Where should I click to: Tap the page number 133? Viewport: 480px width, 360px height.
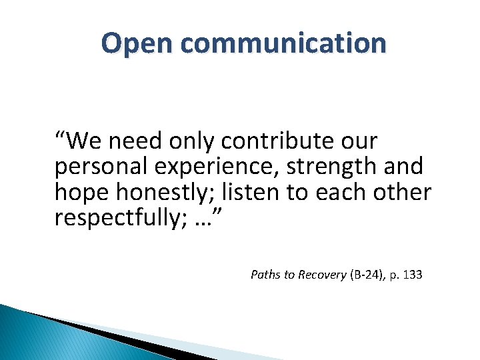pyautogui.click(x=413, y=274)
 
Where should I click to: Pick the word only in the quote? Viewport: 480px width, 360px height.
pyautogui.click(x=192, y=141)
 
